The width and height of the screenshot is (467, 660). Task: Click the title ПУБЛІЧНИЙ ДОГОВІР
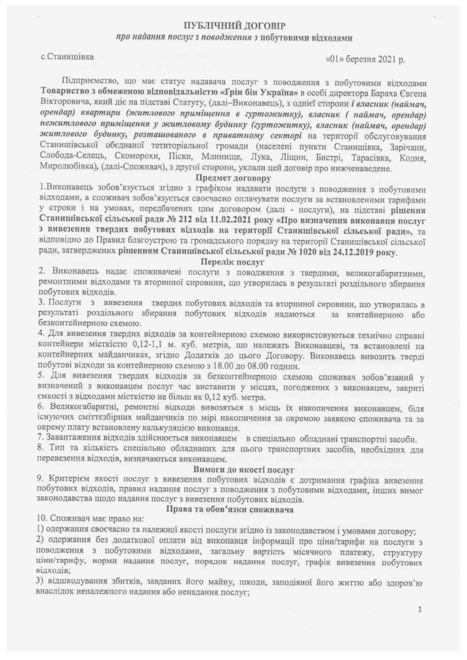[x=234, y=27]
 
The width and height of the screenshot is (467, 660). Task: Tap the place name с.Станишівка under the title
[x=67, y=57]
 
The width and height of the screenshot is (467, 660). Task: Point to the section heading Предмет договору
[x=233, y=178]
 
